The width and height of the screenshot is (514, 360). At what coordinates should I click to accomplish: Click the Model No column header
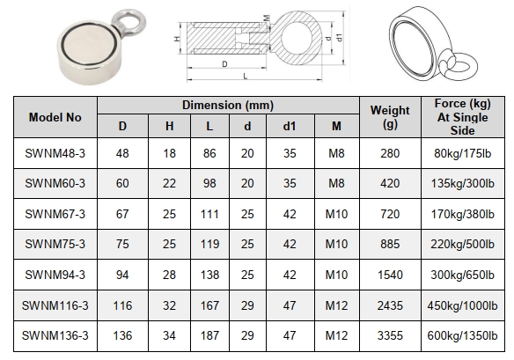(55, 117)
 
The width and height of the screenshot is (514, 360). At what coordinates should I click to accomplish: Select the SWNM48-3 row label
(55, 153)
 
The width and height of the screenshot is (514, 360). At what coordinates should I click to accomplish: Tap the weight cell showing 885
(390, 244)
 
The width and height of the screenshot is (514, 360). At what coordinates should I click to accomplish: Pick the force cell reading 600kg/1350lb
(462, 335)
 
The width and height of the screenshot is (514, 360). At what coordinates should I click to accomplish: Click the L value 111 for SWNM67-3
(209, 214)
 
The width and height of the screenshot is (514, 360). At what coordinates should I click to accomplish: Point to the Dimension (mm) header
(228, 106)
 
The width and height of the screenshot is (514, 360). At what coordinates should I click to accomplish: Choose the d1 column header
(290, 126)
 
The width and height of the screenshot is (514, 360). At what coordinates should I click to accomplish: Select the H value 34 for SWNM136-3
(169, 335)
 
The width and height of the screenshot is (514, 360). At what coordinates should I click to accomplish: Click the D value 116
(122, 306)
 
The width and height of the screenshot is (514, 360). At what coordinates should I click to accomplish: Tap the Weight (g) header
(390, 117)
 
